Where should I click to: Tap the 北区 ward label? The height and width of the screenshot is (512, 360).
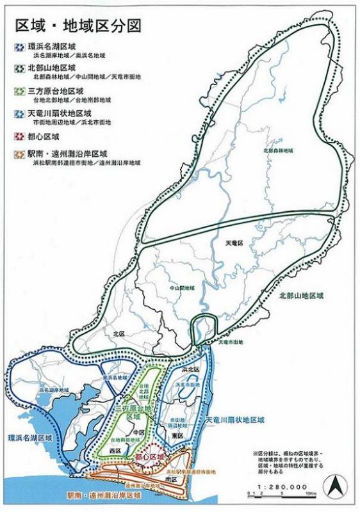point(118,333)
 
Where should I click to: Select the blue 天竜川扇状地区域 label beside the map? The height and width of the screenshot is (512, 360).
point(234,419)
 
